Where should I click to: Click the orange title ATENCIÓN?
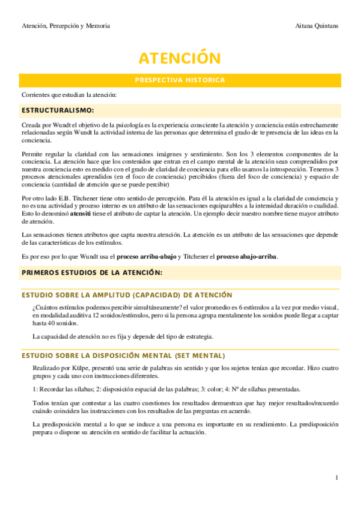180,58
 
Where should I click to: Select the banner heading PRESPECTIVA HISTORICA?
180,80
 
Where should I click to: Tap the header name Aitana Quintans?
317,26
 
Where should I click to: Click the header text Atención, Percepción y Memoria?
66,26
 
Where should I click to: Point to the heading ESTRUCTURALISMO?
58,111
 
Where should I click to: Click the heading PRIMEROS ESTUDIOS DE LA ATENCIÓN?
93,272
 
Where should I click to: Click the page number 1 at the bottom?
337,477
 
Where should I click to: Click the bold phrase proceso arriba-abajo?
147,257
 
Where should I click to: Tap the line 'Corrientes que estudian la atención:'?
69,95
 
